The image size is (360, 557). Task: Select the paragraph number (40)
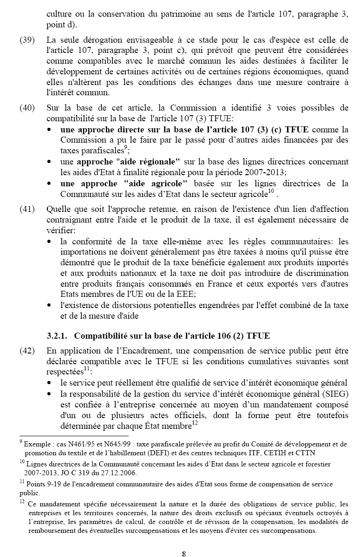click(27, 108)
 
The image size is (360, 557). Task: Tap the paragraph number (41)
click(27, 209)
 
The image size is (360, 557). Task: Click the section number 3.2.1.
click(58, 335)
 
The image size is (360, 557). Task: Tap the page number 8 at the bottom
click(184, 553)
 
